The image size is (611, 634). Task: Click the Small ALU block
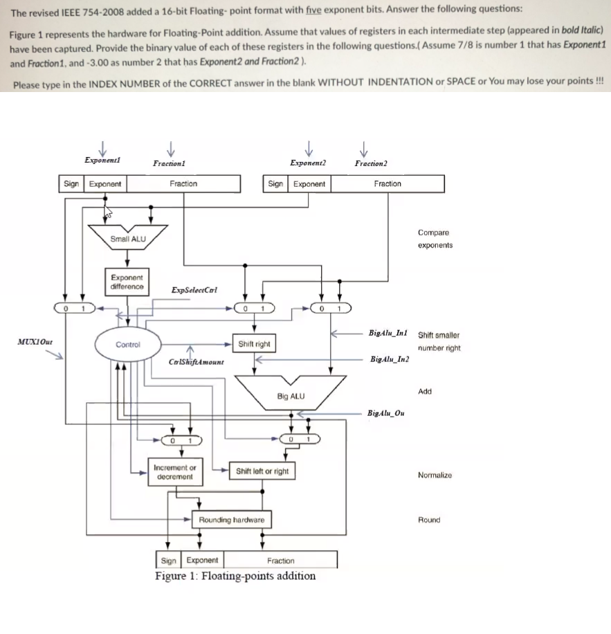(127, 239)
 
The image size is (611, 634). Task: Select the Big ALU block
(290, 396)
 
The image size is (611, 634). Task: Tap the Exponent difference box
(127, 282)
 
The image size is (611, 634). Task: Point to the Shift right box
(254, 344)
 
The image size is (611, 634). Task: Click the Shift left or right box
(262, 471)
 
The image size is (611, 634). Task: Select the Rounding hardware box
(231, 519)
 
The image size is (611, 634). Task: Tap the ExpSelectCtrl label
(194, 290)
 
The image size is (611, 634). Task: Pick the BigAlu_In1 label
(389, 334)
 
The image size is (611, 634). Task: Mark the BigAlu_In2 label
(390, 359)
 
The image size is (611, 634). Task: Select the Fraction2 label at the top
(370, 163)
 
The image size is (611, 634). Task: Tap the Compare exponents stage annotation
(435, 239)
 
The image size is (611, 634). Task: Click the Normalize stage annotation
(435, 475)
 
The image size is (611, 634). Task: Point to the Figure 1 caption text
(235, 576)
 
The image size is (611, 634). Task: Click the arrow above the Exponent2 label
(308, 147)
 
